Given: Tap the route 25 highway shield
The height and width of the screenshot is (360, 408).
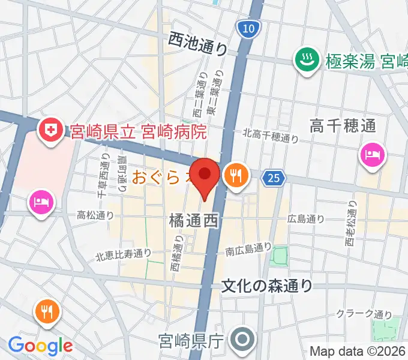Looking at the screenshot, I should [274, 178].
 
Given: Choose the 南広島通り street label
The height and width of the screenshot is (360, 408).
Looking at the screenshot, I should [248, 247].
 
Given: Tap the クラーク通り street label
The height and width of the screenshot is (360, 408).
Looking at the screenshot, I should [363, 314].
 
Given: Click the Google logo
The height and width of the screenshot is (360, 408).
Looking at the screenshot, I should [40, 346].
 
